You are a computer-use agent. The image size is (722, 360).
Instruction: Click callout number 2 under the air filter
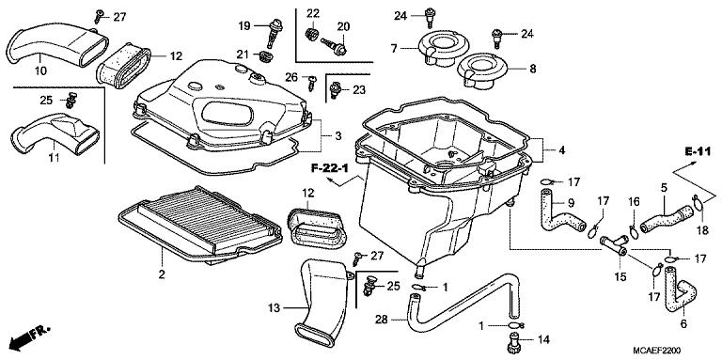point(162,274)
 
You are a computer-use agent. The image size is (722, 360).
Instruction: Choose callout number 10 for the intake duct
point(40,70)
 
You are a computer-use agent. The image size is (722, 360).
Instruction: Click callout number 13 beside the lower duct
point(274,306)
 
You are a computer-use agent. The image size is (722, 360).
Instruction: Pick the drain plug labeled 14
point(514,339)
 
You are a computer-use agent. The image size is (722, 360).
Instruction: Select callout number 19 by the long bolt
point(243,25)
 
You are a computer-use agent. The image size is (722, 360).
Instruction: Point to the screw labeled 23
point(335,89)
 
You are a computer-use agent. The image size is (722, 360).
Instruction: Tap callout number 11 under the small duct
point(54,156)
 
